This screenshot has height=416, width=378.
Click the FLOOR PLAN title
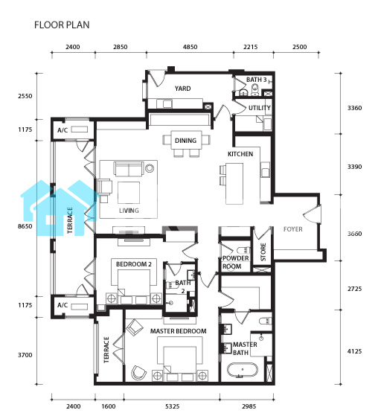click(62, 25)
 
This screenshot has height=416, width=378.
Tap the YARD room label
click(182, 89)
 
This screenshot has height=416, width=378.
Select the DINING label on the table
click(185, 141)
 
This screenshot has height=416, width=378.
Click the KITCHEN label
click(240, 154)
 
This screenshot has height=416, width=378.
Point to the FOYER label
click(293, 229)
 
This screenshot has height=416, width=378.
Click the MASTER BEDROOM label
click(179, 331)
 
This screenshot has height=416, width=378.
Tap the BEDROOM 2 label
click(134, 264)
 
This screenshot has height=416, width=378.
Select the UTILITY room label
click(260, 108)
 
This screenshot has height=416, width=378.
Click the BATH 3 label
click(256, 80)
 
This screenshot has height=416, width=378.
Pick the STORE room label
click(263, 252)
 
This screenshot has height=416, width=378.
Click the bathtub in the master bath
click(242, 370)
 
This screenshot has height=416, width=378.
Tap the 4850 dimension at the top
click(190, 47)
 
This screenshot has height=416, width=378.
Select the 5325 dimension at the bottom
click(172, 406)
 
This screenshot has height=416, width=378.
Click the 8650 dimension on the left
click(25, 226)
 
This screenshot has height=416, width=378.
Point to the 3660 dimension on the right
click(355, 234)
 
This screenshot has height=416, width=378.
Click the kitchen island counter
click(234, 184)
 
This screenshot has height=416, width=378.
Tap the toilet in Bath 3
click(255, 89)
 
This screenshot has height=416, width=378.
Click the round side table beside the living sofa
click(150, 168)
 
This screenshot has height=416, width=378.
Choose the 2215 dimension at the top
click(251, 47)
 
